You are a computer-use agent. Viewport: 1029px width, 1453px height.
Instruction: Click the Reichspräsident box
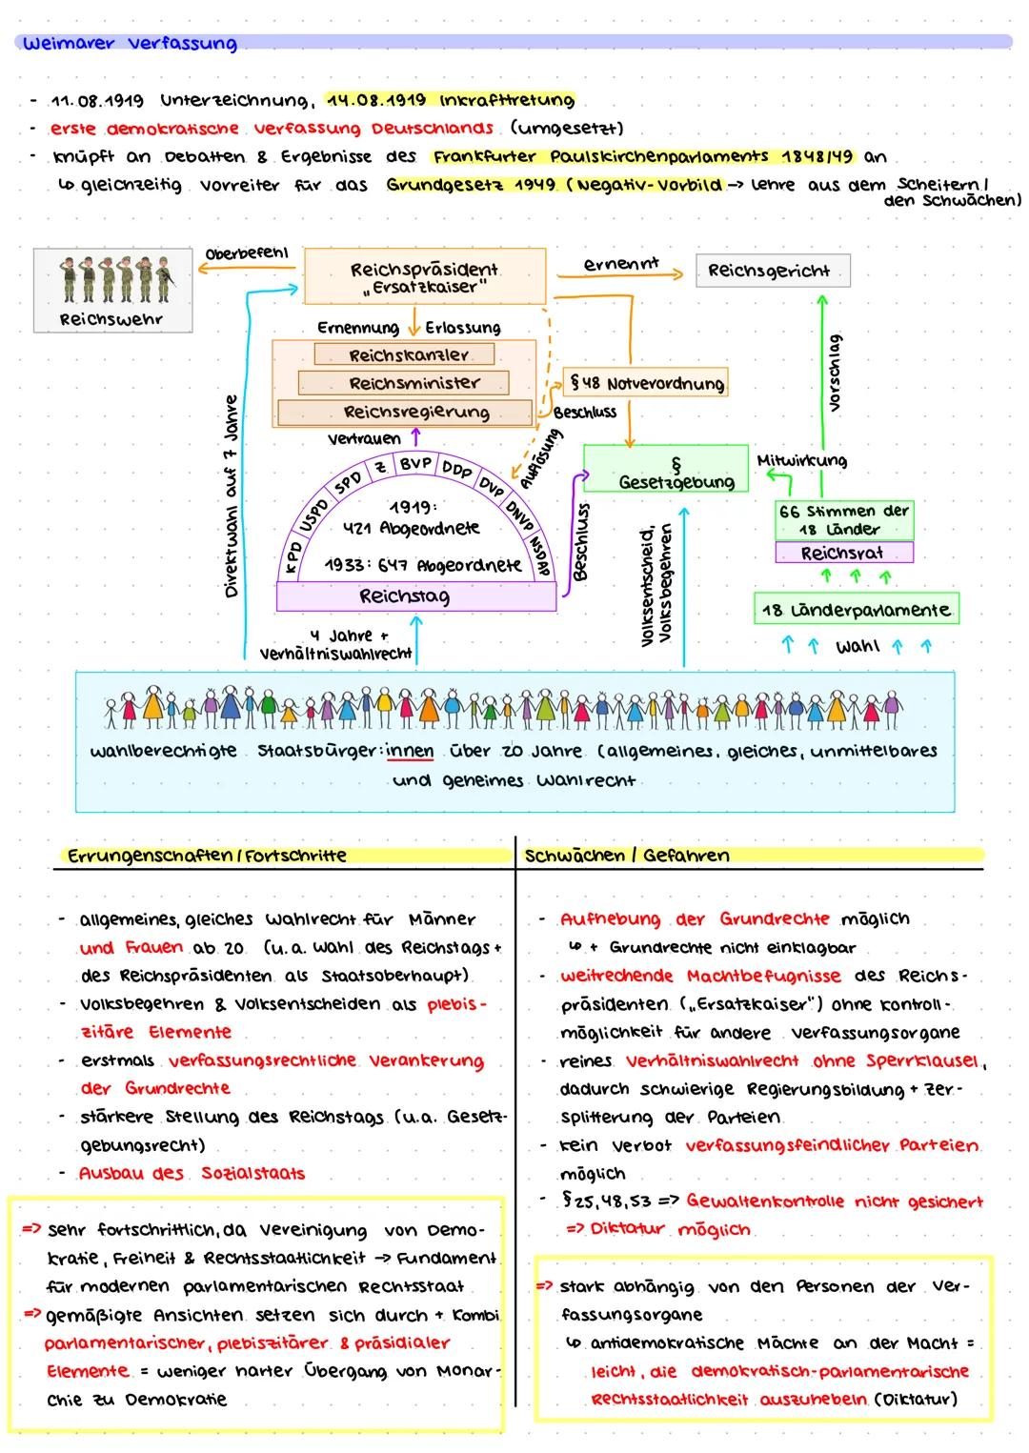click(x=424, y=276)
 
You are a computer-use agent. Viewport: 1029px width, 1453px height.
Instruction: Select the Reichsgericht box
click(x=772, y=271)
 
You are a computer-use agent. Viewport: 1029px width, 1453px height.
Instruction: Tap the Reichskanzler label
click(x=405, y=354)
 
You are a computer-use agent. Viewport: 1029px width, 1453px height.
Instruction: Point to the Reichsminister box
click(x=403, y=383)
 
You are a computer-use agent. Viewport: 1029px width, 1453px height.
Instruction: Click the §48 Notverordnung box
click(x=645, y=383)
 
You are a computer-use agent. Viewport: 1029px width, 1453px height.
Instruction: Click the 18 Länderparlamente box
click(x=856, y=610)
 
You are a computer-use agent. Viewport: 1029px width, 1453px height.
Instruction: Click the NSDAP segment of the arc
click(x=539, y=557)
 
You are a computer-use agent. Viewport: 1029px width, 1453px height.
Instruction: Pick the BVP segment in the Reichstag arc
click(x=415, y=463)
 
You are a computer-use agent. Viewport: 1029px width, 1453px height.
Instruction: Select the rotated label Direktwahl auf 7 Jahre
click(x=231, y=495)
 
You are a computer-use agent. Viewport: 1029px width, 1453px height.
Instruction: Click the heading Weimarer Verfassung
click(x=130, y=43)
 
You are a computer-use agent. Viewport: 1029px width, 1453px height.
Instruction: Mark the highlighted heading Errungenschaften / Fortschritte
click(x=207, y=856)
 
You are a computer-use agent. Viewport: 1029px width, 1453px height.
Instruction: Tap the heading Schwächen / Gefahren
click(x=627, y=856)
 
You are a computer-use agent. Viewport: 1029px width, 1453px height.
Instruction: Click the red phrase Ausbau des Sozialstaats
click(x=192, y=1173)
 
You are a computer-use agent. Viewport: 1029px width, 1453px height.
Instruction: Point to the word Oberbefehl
click(x=247, y=253)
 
